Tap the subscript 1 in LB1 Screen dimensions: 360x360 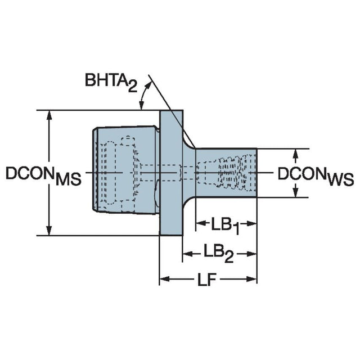tap(237, 231)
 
